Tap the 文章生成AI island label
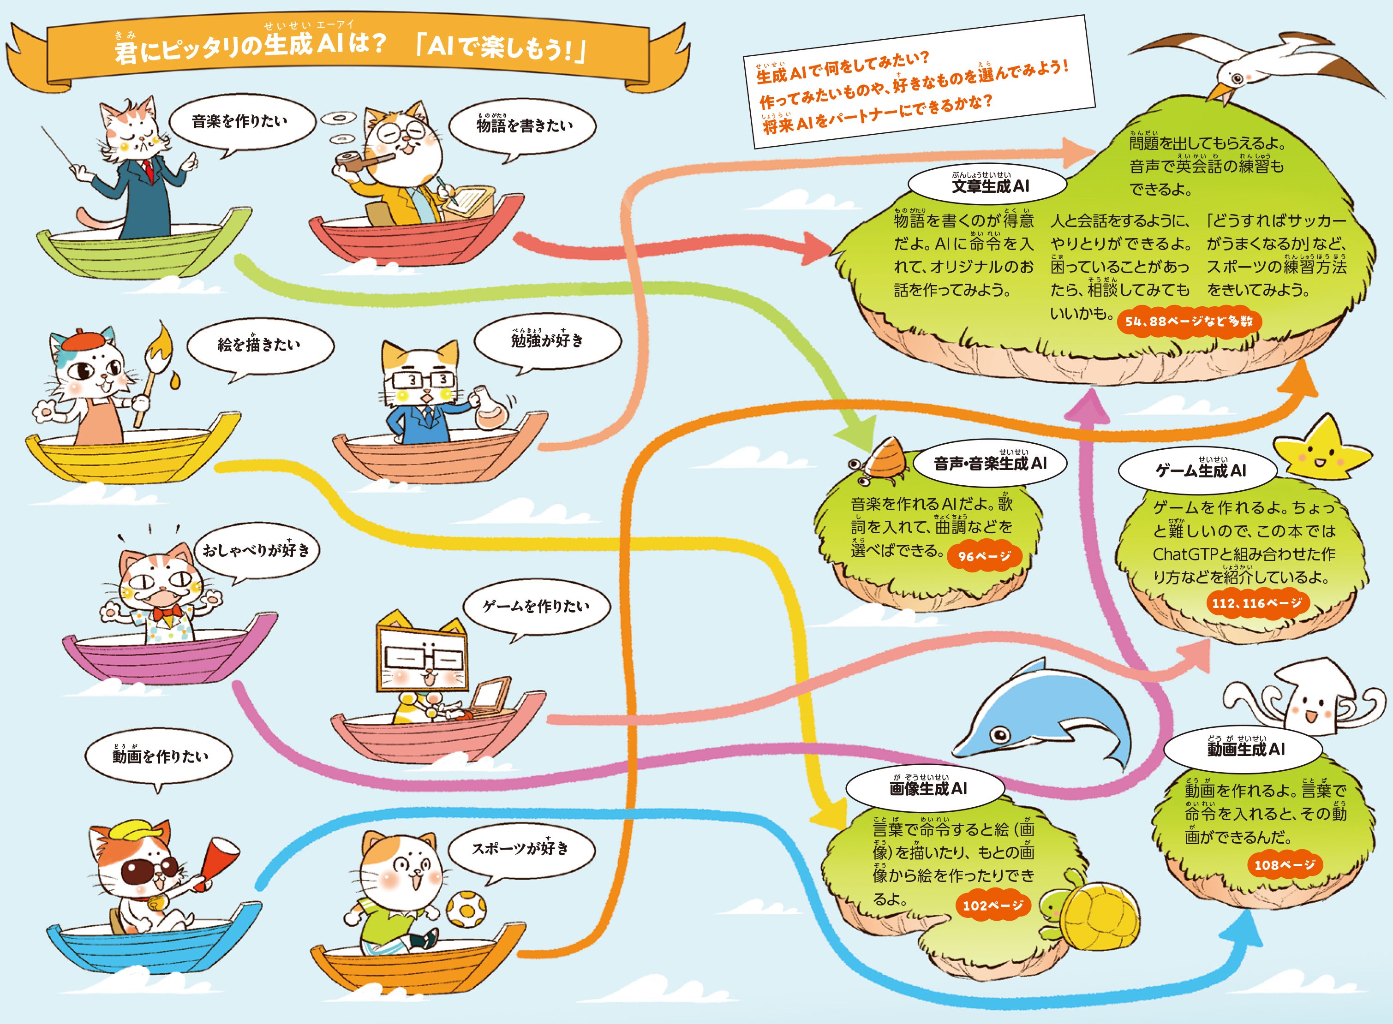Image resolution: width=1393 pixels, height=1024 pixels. point(987,185)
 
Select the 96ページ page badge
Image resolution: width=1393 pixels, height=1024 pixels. point(984,556)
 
